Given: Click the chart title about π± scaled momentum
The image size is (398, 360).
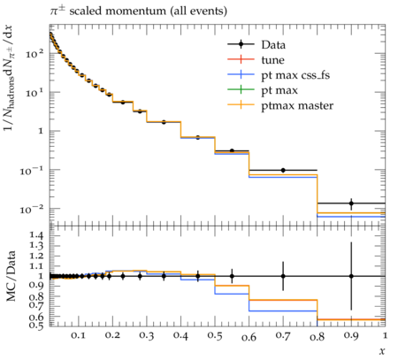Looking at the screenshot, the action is coord(138,11).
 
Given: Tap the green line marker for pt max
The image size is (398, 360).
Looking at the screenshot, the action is coord(241,89).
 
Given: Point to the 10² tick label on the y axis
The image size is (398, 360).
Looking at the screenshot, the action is coord(35,53).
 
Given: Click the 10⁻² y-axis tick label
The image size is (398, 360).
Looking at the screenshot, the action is coord(32,209).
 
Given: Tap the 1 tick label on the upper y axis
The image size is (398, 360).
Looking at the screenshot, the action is coord(41,131).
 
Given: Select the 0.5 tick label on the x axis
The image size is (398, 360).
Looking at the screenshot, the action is coord(215,335).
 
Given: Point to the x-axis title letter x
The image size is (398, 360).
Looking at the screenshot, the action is coord(382,350).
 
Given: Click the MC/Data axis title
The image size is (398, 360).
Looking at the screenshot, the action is coord(11,276).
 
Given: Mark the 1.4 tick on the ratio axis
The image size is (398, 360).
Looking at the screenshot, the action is coord(36,235).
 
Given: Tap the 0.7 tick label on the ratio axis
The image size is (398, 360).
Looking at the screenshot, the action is coord(36,305).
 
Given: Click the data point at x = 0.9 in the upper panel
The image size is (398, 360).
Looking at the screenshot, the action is coord(351,203).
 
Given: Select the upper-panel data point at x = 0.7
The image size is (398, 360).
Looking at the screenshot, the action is coord(283,170).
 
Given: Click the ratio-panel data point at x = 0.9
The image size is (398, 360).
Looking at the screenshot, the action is coord(351,276).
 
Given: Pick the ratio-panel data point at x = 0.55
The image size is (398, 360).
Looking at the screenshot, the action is coord(232,276).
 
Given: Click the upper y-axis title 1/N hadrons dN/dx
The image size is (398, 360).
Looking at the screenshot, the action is coord(9,77).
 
